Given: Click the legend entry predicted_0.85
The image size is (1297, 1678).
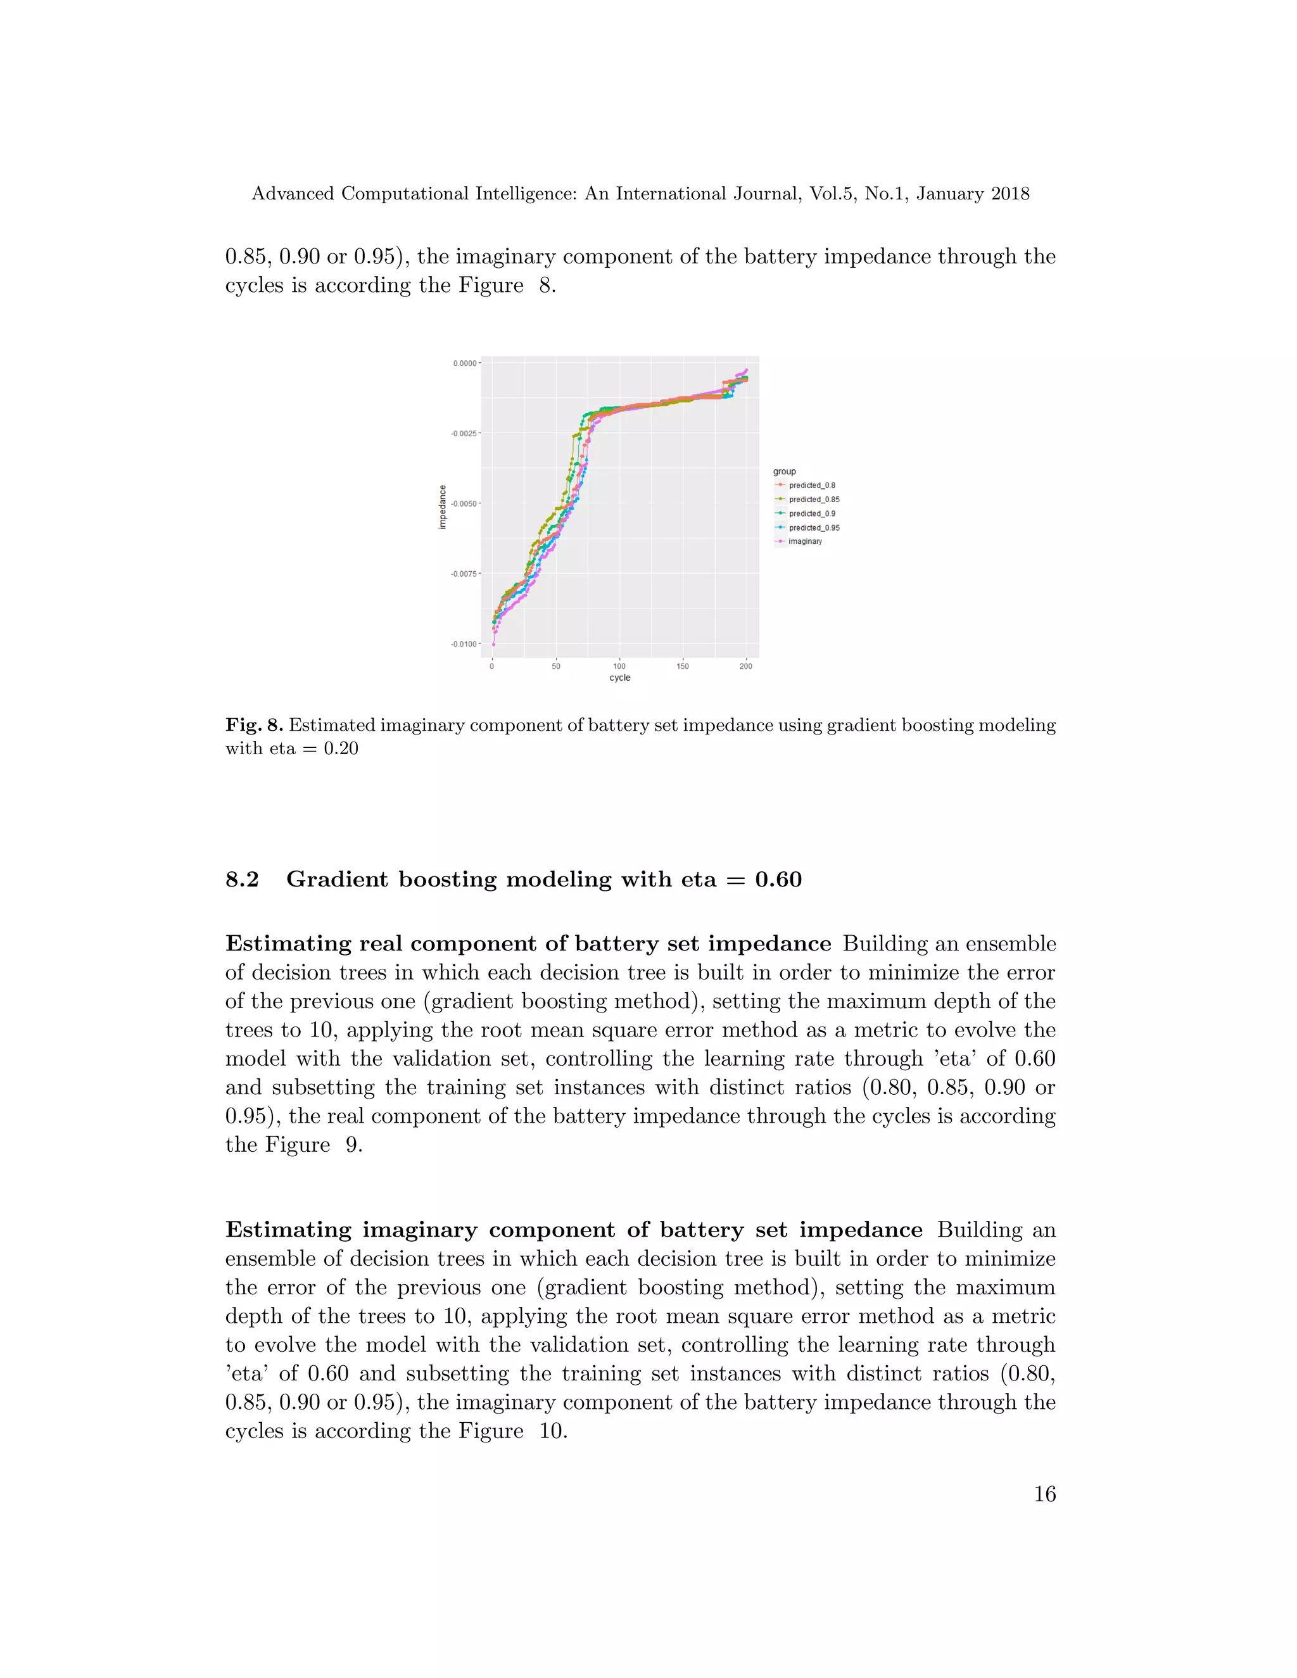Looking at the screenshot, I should [813, 500].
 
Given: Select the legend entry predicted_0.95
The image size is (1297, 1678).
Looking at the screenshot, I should [813, 528].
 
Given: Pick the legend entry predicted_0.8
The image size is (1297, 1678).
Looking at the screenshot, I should [811, 486].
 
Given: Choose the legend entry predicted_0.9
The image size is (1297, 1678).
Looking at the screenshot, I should [811, 514].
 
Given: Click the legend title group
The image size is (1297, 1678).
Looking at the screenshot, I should [785, 472].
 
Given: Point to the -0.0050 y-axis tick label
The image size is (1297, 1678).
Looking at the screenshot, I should [464, 504].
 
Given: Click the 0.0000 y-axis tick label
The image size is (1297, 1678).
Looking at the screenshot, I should [465, 363].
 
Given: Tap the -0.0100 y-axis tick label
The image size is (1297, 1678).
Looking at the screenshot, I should [464, 645].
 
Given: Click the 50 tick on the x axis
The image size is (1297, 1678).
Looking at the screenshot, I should [555, 666].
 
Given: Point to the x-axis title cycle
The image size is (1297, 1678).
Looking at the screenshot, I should [619, 678].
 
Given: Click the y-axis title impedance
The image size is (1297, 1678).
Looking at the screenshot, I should [443, 507].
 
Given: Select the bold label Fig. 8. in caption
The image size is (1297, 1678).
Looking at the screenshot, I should [255, 725].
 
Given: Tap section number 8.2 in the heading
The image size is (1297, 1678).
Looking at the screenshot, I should [242, 880].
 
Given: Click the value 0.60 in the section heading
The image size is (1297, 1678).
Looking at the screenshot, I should [778, 880].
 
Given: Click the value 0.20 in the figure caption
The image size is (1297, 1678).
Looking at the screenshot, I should [340, 749].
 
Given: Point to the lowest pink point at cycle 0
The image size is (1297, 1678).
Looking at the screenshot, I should [493, 645].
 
